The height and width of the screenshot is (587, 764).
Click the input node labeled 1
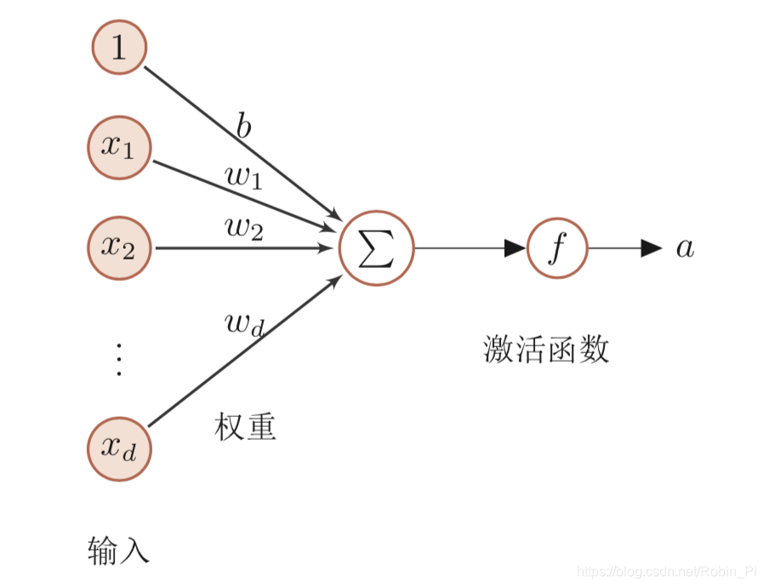(x=119, y=47)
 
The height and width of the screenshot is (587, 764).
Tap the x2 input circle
(x=119, y=248)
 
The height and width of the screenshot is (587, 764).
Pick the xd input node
(x=119, y=448)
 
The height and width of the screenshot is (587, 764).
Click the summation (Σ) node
(x=376, y=248)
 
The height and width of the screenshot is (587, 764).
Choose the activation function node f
(x=557, y=248)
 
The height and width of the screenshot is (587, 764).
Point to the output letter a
(x=685, y=248)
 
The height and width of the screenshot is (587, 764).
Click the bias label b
(x=244, y=128)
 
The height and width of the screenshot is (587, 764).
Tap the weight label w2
(x=244, y=228)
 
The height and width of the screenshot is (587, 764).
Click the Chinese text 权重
(x=246, y=427)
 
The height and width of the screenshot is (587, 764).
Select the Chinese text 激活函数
(x=546, y=350)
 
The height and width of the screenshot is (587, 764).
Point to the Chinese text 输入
(x=119, y=551)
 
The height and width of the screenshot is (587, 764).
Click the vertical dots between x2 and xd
(x=119, y=360)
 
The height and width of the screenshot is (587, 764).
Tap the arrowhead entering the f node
(x=515, y=248)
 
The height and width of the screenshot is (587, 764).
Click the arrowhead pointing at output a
(x=651, y=248)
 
